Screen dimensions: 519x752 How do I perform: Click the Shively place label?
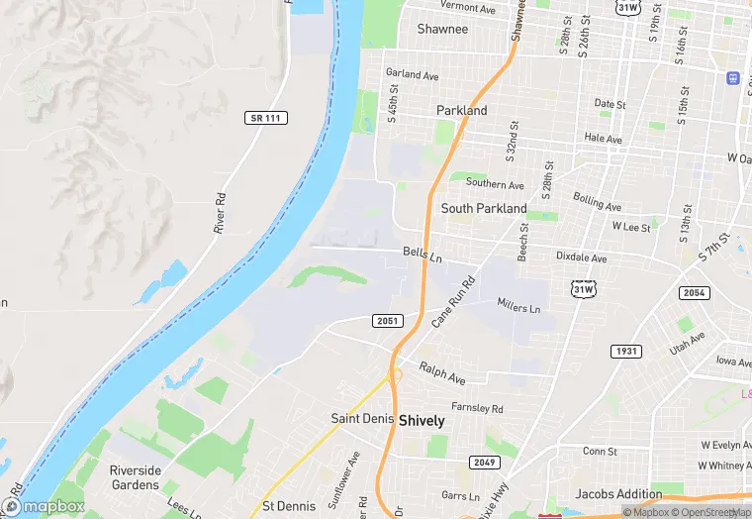pos(422,420)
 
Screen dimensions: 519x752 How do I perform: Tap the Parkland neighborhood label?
pos(462,111)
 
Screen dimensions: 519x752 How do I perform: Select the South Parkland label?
pos(484,208)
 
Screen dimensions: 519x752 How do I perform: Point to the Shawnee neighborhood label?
pos(442,29)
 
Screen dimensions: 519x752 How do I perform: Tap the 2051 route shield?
pos(388,321)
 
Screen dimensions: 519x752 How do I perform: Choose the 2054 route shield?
pos(694,293)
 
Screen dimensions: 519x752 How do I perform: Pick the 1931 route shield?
pos(625,352)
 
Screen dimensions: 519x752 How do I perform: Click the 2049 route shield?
pos(484,462)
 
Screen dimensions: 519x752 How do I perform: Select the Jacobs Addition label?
pos(618,493)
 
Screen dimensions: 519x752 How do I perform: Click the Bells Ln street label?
pos(423,254)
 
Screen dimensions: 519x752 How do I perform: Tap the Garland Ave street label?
pos(412,74)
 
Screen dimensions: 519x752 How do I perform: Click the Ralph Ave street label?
pos(441,373)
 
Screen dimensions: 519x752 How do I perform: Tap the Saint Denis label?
pos(362,419)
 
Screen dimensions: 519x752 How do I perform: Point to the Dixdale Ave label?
pos(580,258)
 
